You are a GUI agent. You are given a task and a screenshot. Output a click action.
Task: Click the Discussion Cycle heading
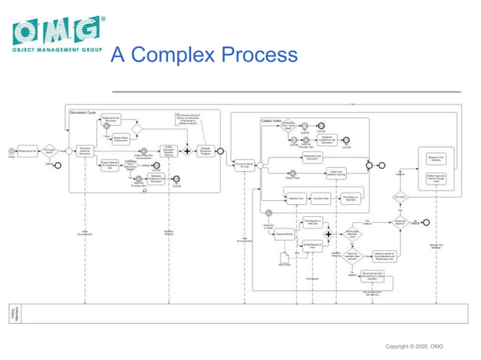pos(83,112)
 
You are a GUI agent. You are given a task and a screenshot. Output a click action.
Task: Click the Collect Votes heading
pos(271,120)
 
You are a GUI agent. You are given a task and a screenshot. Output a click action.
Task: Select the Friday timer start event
pos(11,151)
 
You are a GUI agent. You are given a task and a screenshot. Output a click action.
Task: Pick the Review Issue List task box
pos(28,151)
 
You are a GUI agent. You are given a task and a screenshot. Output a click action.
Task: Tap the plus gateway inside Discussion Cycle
pos(187,151)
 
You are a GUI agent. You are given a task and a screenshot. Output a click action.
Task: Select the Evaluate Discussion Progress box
pos(205,151)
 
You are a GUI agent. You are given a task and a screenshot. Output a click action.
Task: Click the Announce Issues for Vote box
pos(242,165)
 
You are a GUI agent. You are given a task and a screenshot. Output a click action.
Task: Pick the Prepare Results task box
pos(284,236)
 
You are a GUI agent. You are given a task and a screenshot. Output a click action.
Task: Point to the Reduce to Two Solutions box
pos(437,159)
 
